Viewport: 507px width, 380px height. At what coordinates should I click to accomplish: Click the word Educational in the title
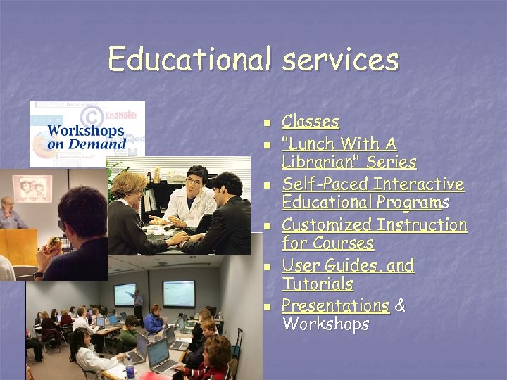188,59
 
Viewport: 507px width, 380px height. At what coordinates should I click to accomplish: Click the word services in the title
340,59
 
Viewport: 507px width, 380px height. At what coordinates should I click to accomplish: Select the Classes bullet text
310,122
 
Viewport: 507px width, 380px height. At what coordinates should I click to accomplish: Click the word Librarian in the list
320,163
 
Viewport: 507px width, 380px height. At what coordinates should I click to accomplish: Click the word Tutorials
318,284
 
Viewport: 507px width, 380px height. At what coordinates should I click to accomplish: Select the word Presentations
335,306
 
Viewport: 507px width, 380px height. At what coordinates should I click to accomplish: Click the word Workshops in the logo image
85,131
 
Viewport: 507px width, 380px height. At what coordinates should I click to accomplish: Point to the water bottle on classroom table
130,369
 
